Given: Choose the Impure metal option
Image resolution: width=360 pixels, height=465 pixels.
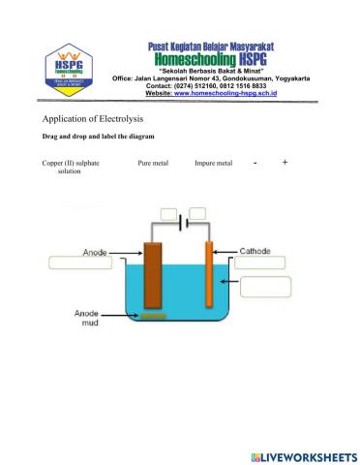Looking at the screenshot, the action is (213, 163).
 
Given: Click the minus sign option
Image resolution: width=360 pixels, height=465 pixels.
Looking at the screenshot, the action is (255, 163).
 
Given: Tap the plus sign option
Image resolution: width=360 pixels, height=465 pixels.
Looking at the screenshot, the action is (285, 163).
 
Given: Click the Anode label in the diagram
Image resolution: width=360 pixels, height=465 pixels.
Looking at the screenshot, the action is (95, 251).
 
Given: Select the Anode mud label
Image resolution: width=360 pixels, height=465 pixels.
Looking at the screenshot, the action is (89, 319).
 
